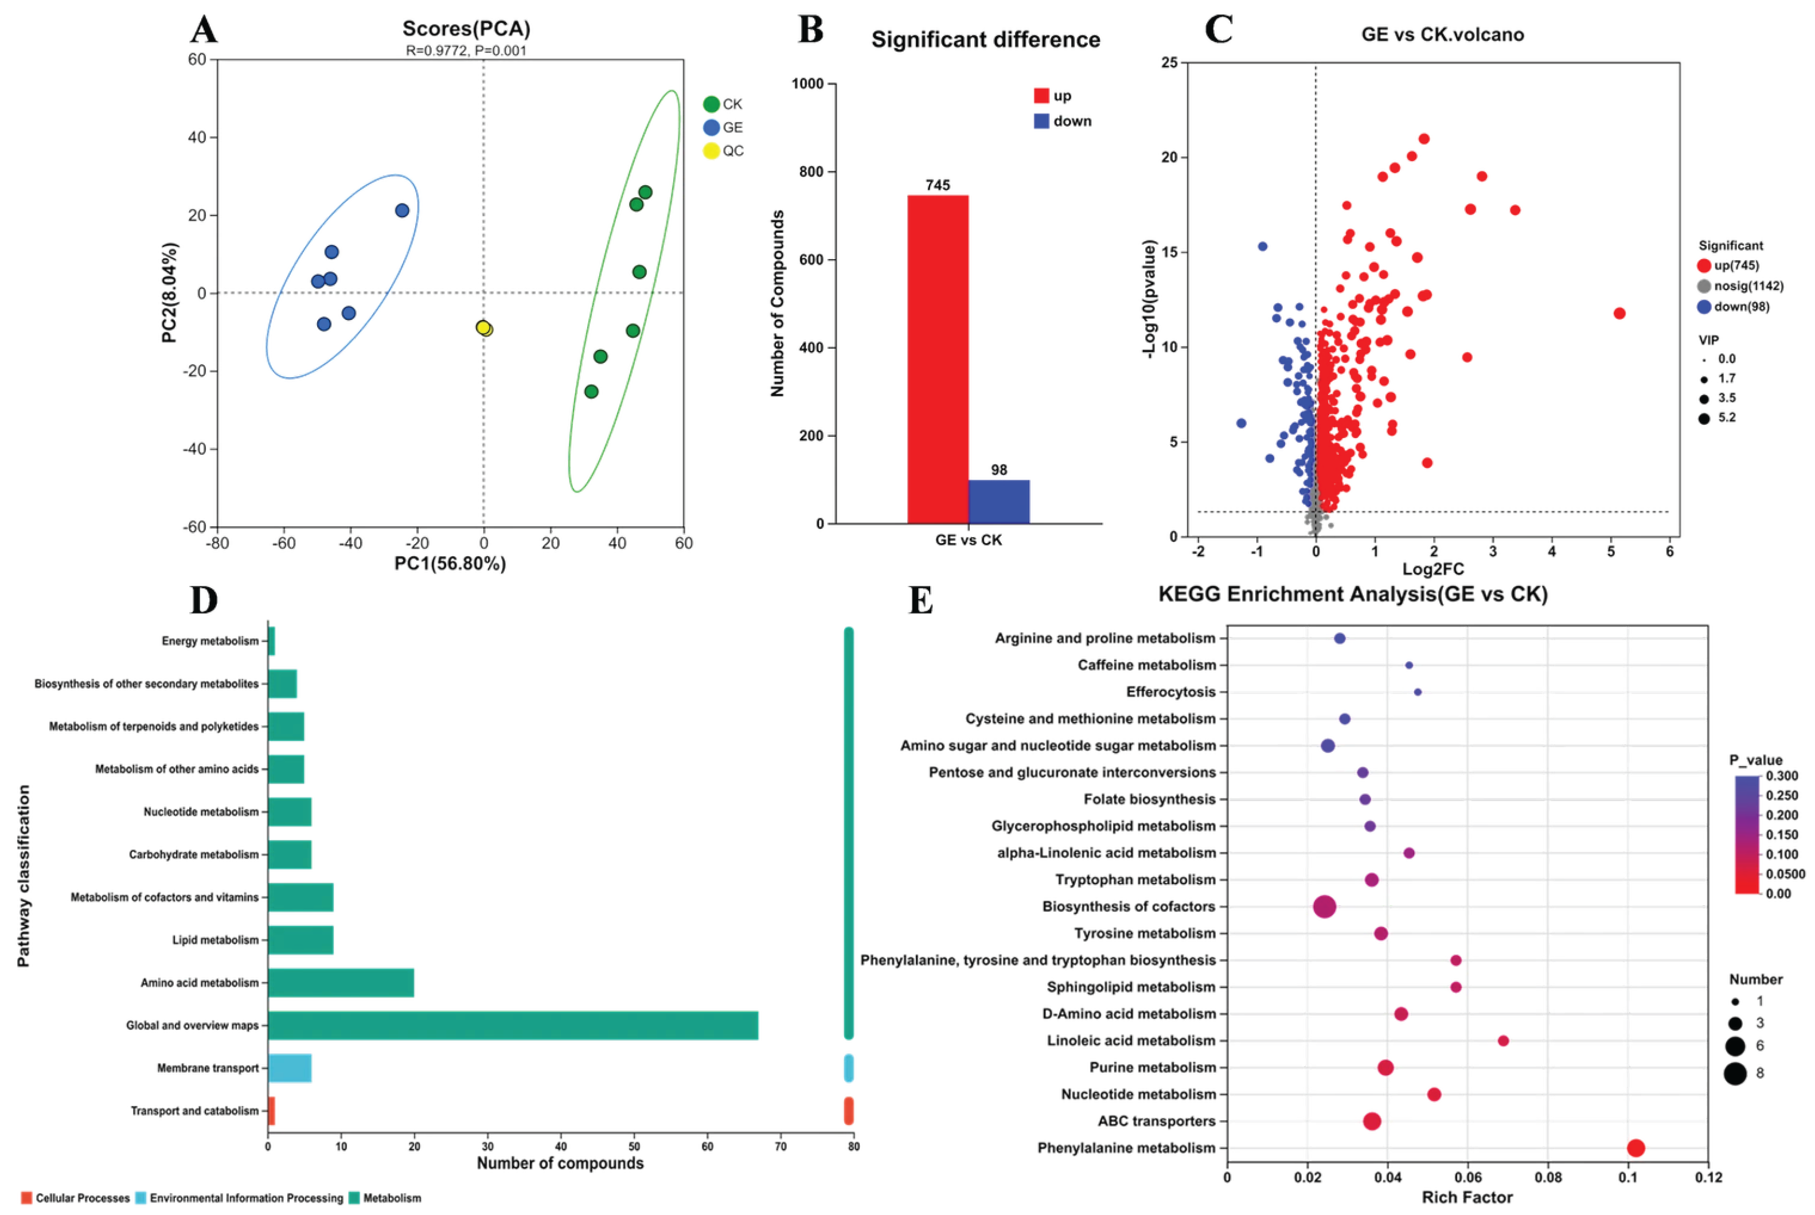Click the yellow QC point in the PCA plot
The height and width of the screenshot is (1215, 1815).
483,328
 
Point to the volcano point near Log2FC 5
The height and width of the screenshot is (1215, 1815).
1619,313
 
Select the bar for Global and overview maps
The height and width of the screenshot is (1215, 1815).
512,1025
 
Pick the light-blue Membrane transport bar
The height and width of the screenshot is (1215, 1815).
290,1068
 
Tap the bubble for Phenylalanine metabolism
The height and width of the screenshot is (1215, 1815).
1635,1147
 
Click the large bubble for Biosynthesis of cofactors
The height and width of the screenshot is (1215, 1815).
1325,906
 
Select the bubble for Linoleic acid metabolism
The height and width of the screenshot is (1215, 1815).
1502,1041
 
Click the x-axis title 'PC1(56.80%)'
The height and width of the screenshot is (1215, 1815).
450,563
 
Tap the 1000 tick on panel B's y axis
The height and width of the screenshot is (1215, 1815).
807,84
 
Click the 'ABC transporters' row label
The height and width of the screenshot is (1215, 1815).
1156,1121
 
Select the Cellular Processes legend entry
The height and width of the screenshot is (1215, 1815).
75,1198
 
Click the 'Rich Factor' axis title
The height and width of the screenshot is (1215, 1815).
1466,1197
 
